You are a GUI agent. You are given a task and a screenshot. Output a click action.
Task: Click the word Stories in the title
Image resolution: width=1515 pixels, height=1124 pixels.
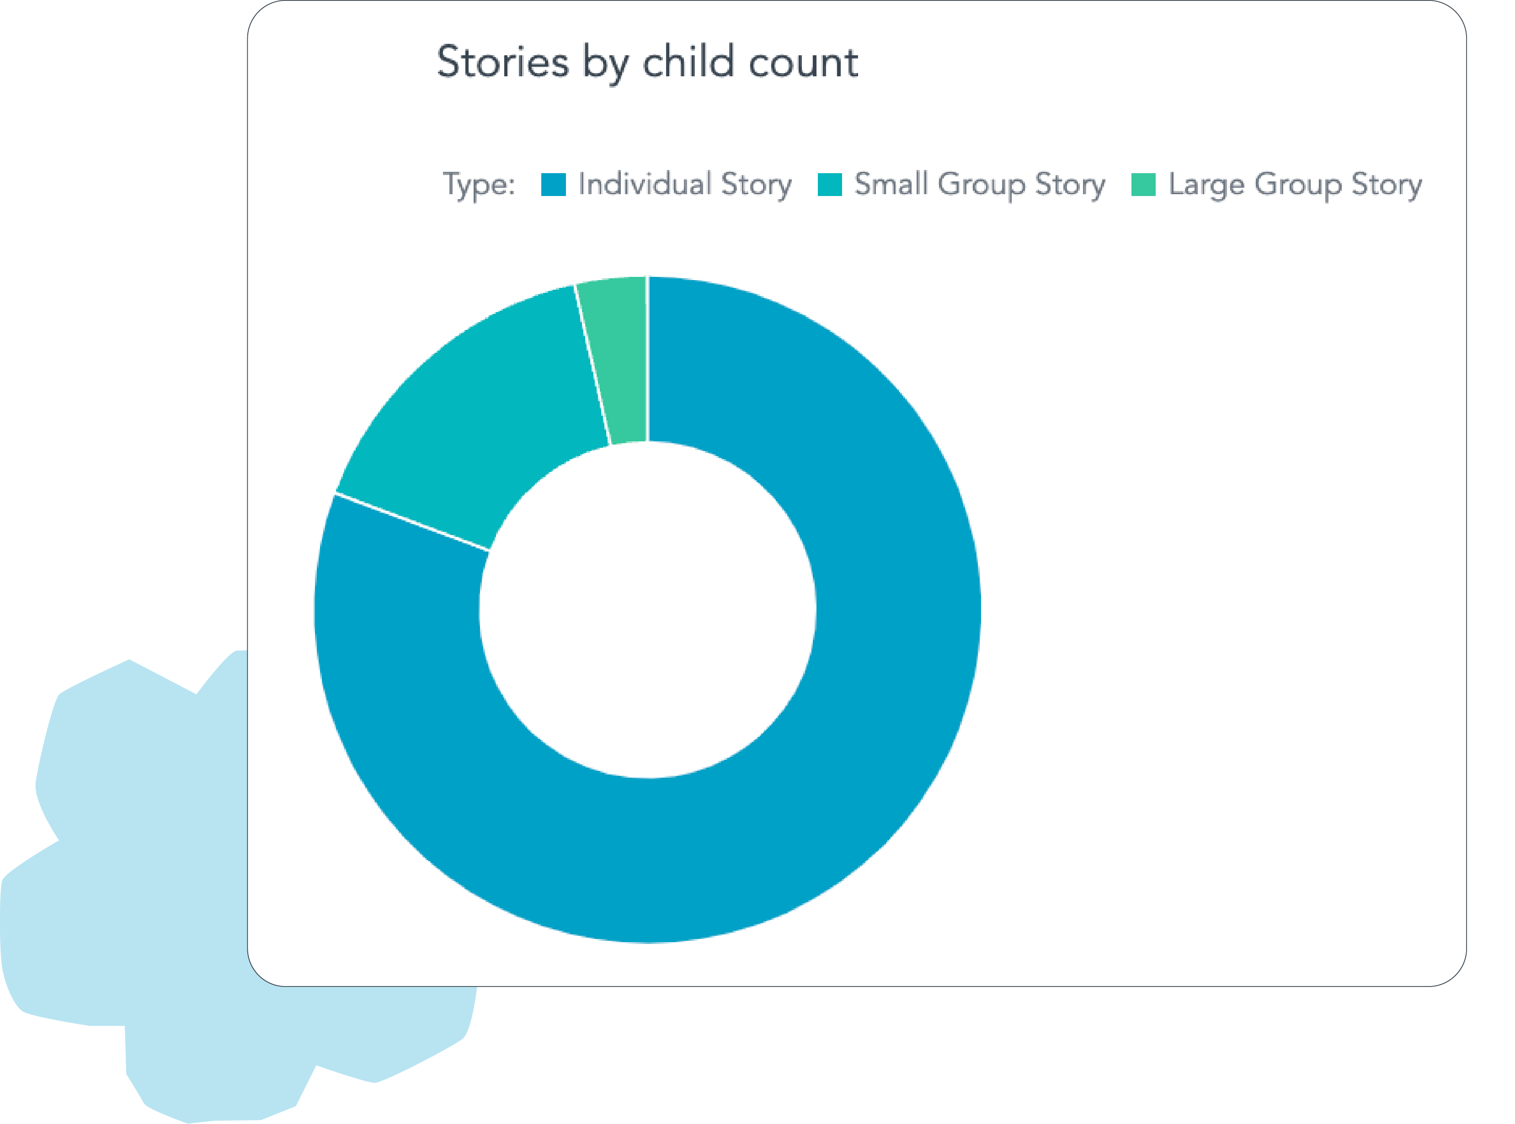502,62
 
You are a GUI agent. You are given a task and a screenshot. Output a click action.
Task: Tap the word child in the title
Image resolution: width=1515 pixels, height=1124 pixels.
688,62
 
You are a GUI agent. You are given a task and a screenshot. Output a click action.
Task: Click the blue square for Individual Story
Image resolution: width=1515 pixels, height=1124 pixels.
553,185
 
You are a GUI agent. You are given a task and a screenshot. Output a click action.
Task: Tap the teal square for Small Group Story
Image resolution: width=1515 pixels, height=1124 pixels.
830,185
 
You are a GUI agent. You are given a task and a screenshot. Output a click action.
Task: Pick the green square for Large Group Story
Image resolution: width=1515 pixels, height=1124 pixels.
1143,185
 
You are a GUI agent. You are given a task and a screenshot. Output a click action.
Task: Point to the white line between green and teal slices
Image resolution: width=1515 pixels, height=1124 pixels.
592,364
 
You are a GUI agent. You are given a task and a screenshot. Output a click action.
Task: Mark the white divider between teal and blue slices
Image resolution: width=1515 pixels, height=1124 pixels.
412,521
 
